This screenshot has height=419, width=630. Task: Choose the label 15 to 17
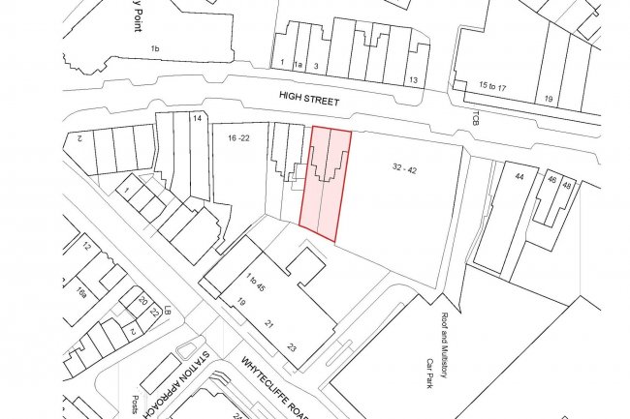pos(493,87)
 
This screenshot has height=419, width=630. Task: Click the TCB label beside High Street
pos(476,118)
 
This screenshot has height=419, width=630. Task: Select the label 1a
pos(299,64)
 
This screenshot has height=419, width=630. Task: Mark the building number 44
pos(519,177)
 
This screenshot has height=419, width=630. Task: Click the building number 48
pos(567,184)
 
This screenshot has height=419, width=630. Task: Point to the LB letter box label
pos(168,311)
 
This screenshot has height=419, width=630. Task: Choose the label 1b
pos(154,47)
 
